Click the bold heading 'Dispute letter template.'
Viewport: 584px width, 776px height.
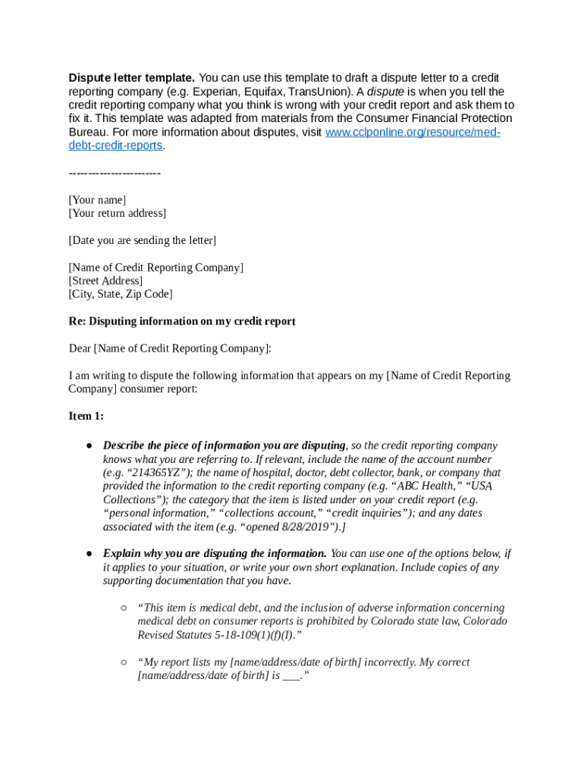[x=132, y=78]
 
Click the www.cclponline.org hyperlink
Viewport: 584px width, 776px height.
[x=413, y=133]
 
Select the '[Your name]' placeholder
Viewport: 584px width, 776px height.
[x=97, y=200]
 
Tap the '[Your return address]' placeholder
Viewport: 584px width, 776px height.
[x=117, y=214]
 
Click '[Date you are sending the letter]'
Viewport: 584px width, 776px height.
[x=142, y=241]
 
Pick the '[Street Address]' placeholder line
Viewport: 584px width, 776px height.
[x=105, y=281]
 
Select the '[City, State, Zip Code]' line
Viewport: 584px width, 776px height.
[x=121, y=294]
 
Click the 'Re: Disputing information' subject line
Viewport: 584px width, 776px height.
[x=181, y=321]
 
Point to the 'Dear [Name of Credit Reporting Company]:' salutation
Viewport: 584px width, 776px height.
[x=169, y=349]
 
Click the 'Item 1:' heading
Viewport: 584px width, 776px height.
[x=86, y=416]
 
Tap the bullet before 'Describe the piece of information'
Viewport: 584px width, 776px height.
[x=89, y=446]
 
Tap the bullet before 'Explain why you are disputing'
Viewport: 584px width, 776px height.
[x=89, y=554]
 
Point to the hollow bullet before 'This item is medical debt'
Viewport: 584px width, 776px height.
[x=123, y=608]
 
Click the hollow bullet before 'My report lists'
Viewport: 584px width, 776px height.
[x=123, y=662]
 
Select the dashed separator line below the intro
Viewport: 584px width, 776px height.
[x=115, y=174]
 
